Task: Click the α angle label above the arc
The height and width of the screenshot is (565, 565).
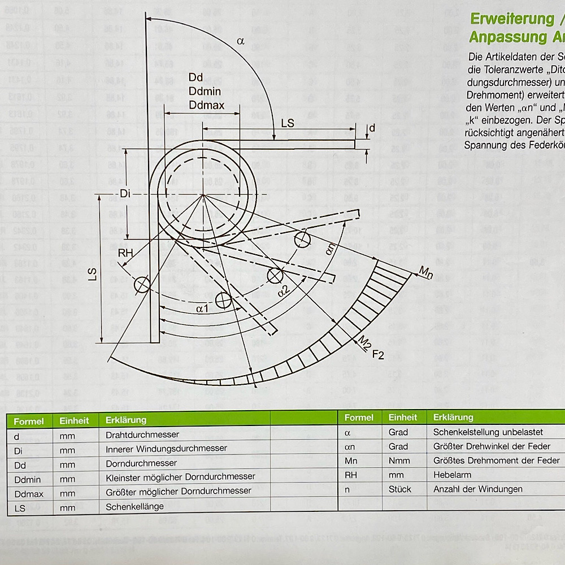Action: (241, 41)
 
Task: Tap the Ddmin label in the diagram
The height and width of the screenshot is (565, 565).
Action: (205, 91)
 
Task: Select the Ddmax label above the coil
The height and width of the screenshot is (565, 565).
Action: (207, 105)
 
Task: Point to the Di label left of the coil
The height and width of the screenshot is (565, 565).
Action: (125, 194)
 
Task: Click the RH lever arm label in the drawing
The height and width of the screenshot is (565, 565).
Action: (125, 253)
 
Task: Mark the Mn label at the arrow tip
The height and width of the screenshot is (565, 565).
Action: (425, 273)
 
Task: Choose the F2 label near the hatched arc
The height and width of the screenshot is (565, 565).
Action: (378, 354)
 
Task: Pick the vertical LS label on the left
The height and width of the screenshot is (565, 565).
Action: (92, 273)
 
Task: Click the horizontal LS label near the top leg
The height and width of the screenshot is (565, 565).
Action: (288, 123)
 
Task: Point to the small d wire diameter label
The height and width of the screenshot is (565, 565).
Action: (371, 128)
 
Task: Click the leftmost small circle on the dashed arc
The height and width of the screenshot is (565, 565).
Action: (142, 284)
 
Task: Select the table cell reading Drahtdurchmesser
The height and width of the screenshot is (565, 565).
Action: (142, 434)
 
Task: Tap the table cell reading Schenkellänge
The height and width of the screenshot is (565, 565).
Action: (134, 507)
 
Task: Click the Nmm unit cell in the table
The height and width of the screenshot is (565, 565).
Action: (399, 460)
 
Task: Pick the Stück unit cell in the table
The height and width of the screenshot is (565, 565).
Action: (400, 489)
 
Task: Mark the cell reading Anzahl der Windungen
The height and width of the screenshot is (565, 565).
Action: (477, 489)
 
